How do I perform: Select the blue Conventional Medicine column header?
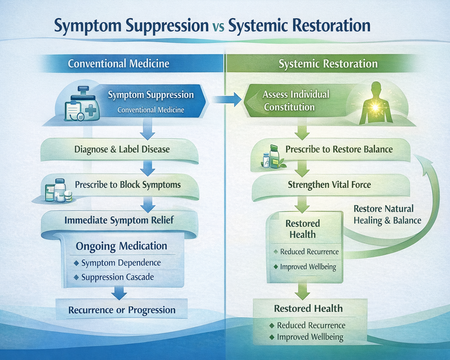pyautogui.click(x=119, y=63)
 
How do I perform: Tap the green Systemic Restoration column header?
pyautogui.click(x=328, y=63)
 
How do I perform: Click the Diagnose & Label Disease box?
pyautogui.click(x=121, y=149)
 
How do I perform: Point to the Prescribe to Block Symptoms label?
pyautogui.click(x=128, y=184)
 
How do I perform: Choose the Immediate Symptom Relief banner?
pyautogui.click(x=119, y=220)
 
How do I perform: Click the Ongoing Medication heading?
pyautogui.click(x=121, y=246)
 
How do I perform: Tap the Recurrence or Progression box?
pyautogui.click(x=121, y=310)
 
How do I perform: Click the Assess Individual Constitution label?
pyautogui.click(x=296, y=101)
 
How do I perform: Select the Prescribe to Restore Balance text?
pyautogui.click(x=339, y=149)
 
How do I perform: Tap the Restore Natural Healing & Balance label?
pyautogui.click(x=387, y=215)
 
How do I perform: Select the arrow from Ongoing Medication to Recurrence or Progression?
pyautogui.click(x=119, y=292)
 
